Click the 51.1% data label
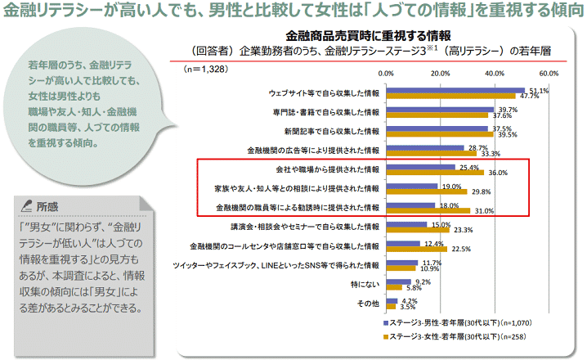(539, 90)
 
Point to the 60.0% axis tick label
(548, 74)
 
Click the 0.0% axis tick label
(387, 74)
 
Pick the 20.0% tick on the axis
(440, 74)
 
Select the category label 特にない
(365, 284)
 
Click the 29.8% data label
(481, 191)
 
